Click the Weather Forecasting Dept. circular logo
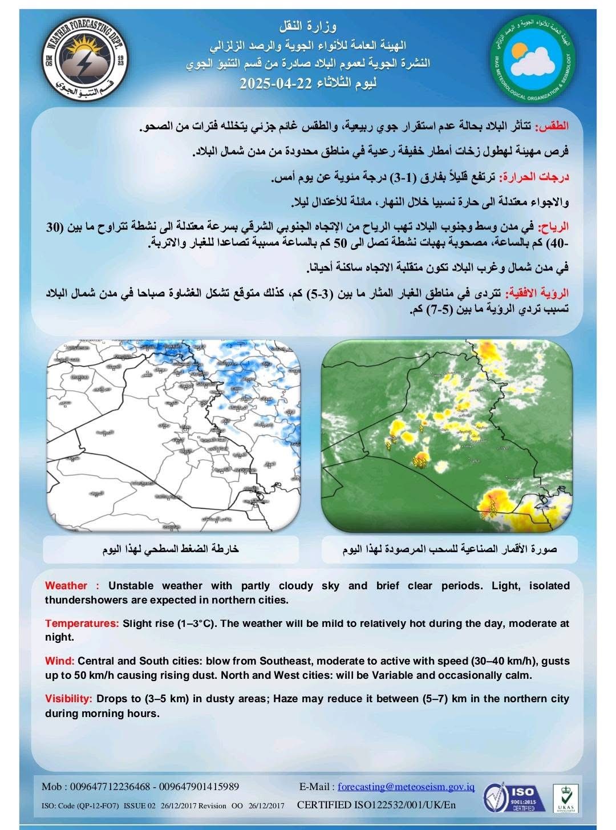coord(85,60)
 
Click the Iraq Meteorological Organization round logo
coord(533,60)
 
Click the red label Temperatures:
coord(82,623)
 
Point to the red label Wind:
coord(60,661)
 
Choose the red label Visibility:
coord(68,699)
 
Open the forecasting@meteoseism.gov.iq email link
coord(406,787)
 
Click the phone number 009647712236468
coord(110,787)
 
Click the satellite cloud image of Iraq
coord(447,436)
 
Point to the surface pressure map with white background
coord(174,436)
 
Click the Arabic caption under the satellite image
coord(449,549)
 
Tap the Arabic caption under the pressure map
coord(171,549)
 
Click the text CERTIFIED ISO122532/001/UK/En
coord(376,805)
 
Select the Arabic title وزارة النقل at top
coord(308,26)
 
